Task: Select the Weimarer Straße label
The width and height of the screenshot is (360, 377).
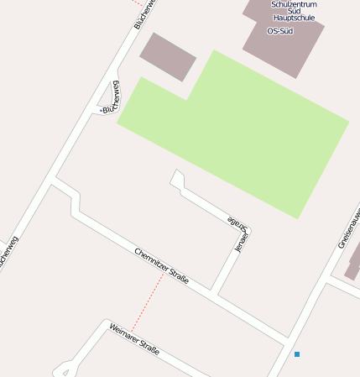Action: (133, 337)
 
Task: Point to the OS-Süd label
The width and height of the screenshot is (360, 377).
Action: (279, 31)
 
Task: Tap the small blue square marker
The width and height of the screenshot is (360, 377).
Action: (297, 354)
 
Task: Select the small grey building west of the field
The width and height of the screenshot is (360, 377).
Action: (168, 56)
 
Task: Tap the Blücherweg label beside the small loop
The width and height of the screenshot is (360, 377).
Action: (110, 97)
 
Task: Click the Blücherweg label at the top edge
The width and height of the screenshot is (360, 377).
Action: (145, 13)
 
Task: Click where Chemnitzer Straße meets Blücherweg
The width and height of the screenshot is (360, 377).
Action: (54, 180)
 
